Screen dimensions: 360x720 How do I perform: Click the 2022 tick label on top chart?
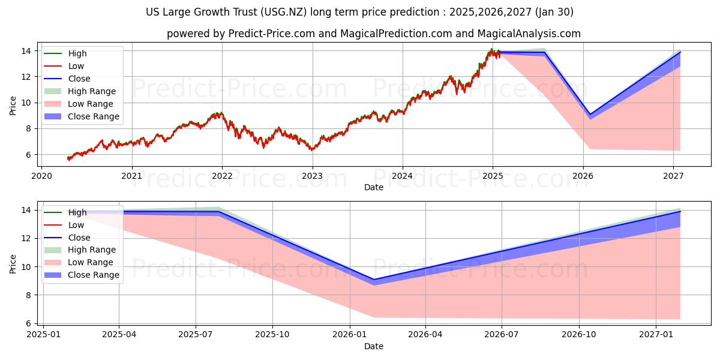(x=222, y=176)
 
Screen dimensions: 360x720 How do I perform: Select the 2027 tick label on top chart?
(x=674, y=176)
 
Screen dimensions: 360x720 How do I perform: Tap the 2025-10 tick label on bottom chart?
(x=272, y=335)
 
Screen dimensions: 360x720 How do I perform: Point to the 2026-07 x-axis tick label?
(x=502, y=335)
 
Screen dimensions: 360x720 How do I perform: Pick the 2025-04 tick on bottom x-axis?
(x=119, y=335)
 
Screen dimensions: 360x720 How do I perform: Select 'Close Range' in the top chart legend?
(x=94, y=116)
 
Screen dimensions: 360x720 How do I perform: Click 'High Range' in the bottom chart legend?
(x=92, y=250)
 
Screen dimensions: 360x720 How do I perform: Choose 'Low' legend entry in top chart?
(x=76, y=66)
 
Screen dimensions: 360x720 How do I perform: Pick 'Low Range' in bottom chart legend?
(x=91, y=262)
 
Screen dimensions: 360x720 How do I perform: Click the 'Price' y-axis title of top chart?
(x=13, y=105)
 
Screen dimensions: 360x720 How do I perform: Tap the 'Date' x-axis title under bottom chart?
(x=374, y=346)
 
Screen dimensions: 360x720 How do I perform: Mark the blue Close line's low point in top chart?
(x=590, y=114)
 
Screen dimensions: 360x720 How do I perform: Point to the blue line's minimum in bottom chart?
(x=374, y=280)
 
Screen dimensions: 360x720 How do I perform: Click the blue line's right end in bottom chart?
(x=680, y=211)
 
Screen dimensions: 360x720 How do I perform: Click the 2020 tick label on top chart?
(x=41, y=176)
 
